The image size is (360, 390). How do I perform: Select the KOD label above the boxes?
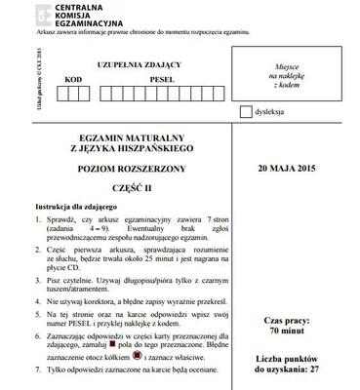(x=73, y=77)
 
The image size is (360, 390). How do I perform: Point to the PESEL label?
(x=135, y=77)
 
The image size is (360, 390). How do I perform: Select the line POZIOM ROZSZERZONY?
(x=122, y=169)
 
